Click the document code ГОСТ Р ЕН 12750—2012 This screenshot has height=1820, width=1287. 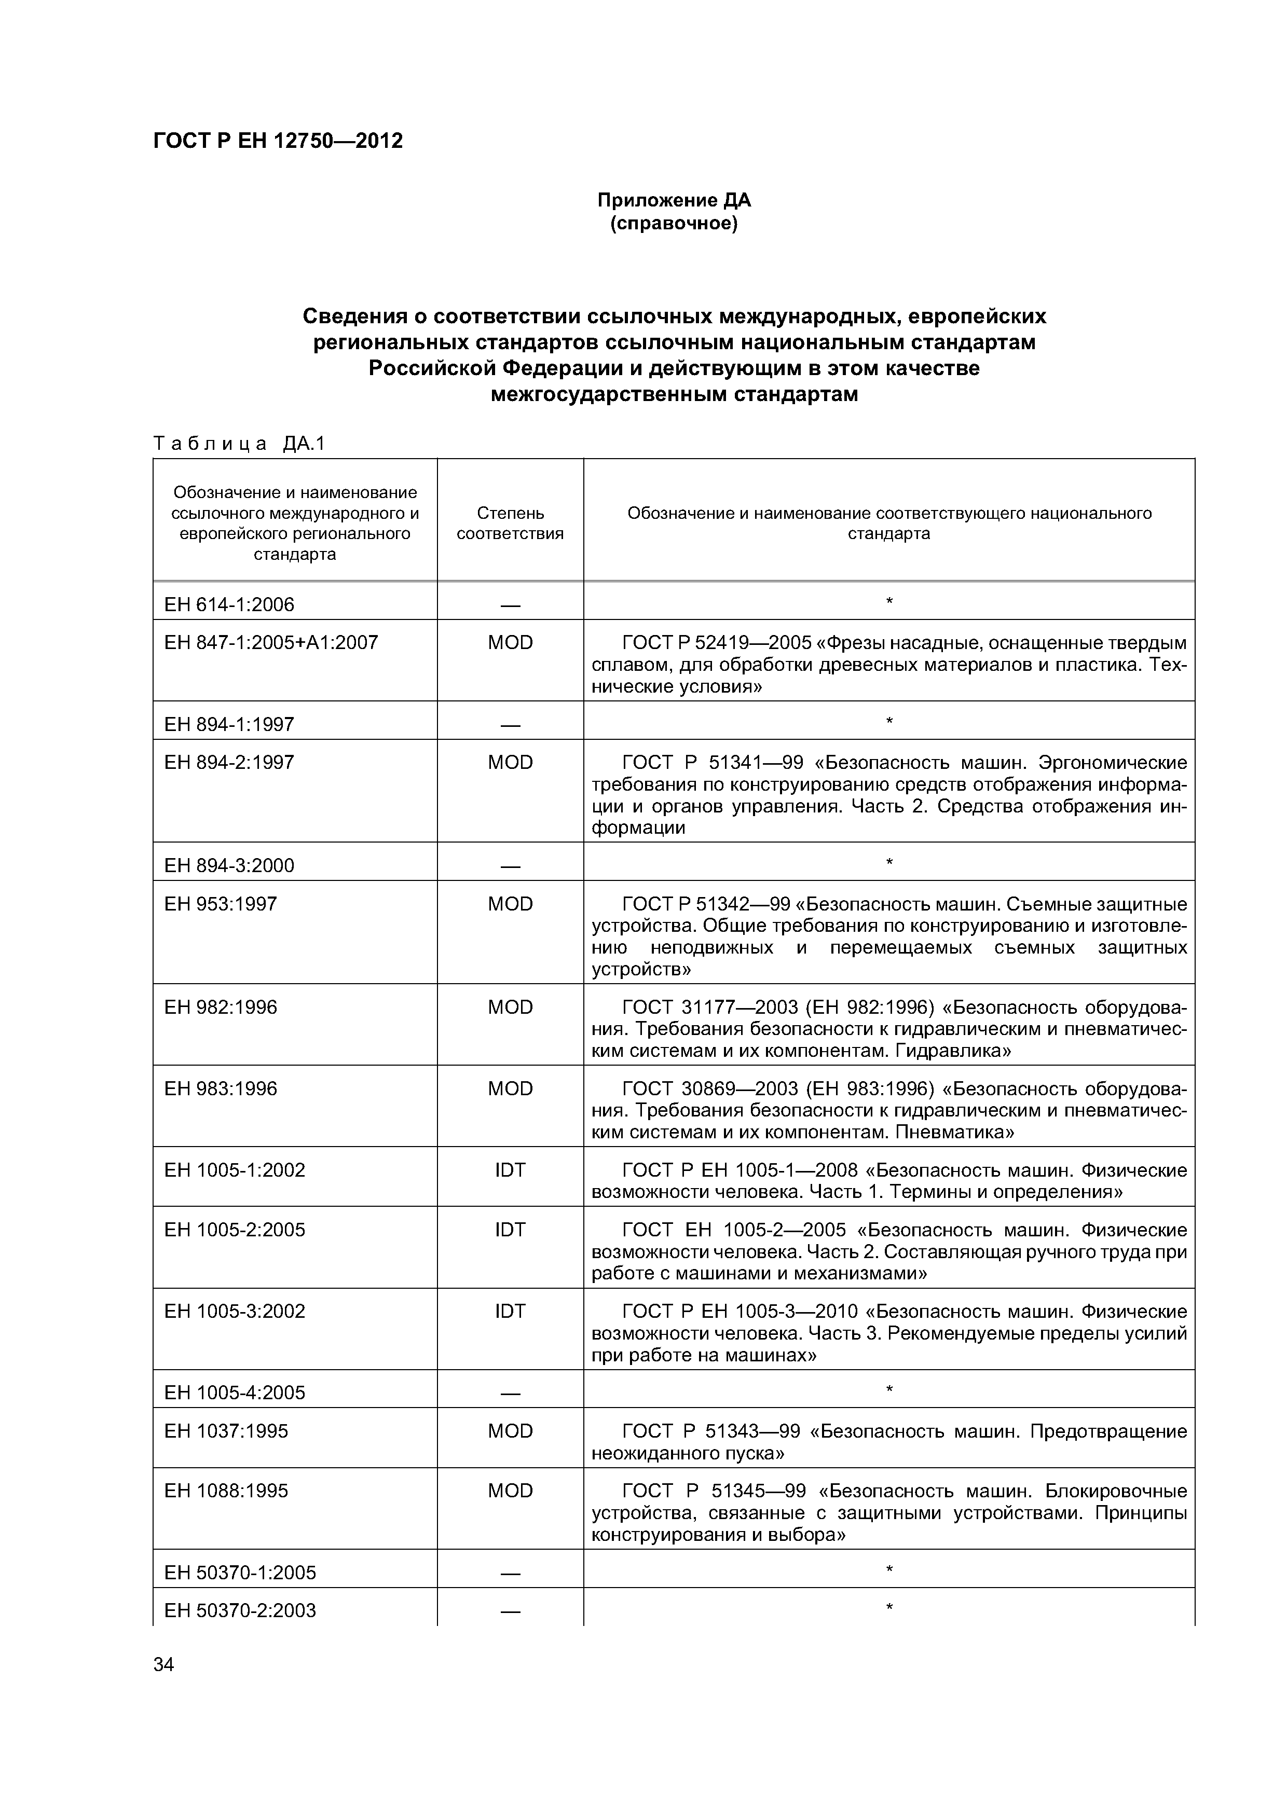pos(278,141)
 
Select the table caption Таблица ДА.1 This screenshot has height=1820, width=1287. pos(239,444)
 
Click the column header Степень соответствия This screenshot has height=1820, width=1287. pos(510,523)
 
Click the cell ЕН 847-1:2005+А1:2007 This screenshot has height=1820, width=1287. pos(270,642)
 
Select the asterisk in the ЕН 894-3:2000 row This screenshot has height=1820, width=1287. pos(889,862)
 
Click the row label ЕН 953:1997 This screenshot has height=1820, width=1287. pos(221,904)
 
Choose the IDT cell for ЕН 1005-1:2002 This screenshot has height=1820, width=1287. pos(510,1170)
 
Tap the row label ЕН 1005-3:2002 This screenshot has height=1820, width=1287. pos(234,1311)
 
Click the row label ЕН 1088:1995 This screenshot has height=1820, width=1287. pos(226,1490)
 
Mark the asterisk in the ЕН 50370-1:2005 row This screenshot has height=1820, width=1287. pos(889,1569)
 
